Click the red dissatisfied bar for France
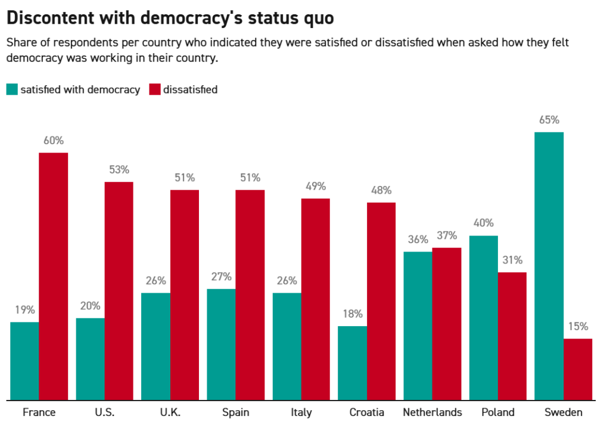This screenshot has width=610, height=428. [54, 276]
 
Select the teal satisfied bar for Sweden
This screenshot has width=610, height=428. [549, 266]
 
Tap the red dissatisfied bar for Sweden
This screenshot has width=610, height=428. [578, 369]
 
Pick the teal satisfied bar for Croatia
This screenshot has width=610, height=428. [352, 362]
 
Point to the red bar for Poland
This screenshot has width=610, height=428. [512, 336]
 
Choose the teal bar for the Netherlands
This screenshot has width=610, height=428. [418, 325]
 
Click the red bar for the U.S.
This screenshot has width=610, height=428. [119, 290]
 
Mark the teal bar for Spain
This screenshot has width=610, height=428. [221, 344]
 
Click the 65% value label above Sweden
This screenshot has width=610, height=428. [549, 120]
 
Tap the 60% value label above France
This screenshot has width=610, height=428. [54, 141]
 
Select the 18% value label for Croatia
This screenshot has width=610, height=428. [352, 314]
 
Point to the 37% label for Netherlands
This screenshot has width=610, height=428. [447, 235]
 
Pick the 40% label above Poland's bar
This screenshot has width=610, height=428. [483, 223]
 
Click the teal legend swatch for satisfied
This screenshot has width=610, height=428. [12, 89]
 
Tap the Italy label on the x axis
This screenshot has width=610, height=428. [301, 413]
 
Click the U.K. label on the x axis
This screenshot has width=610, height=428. [170, 413]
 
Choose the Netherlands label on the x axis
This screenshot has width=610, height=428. [432, 413]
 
